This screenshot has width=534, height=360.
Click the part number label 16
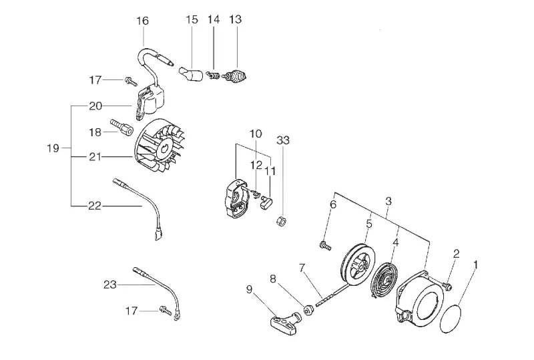coord(143,21)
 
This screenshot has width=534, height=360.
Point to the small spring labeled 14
coord(214,75)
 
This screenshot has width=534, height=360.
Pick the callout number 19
coord(53,148)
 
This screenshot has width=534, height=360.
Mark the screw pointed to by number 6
coord(325,246)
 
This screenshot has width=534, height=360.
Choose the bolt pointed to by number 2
coord(447,286)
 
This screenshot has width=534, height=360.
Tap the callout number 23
coord(110,285)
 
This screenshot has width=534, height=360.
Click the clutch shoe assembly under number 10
coord(236,198)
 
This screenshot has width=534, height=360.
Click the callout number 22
coord(95,206)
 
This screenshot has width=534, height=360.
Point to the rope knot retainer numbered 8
coord(308,311)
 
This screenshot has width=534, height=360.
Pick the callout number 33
coord(283,140)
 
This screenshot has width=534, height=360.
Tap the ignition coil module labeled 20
coord(149,103)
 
